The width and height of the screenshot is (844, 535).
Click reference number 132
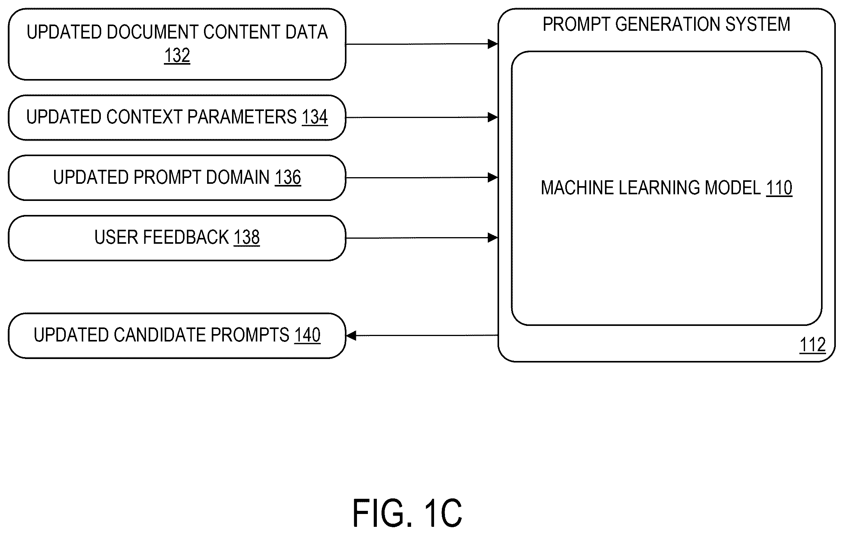177,56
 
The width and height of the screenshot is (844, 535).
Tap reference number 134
315,117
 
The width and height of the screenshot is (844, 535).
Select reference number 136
288,178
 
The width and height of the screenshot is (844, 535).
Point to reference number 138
247,238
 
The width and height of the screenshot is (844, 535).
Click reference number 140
308,335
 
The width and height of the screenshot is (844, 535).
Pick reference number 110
779,188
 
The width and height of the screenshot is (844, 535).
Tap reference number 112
812,345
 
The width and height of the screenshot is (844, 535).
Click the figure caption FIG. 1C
407,513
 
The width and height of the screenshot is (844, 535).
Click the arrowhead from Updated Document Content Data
493,44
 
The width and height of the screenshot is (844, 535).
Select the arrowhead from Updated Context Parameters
493,117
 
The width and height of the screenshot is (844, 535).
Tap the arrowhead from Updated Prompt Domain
493,178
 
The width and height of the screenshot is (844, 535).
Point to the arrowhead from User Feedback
493,238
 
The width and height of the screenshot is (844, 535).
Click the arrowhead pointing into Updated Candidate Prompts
351,335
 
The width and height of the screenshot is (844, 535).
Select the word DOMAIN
237,178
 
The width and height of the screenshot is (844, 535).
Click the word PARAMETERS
242,117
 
